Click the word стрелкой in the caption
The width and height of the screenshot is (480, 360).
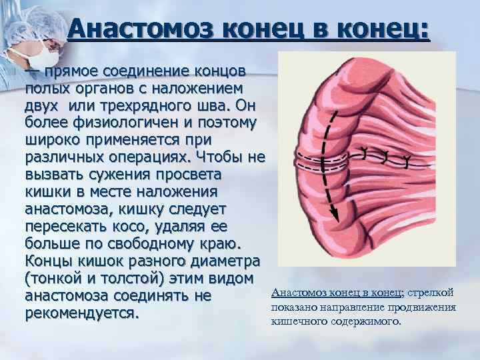(431, 293)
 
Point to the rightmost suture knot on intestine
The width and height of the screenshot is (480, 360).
(406, 159)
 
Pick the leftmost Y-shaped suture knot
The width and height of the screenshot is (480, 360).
(365, 151)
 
